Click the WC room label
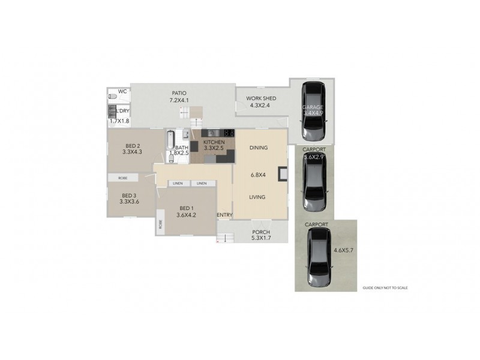tap(122, 92)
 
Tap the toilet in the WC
tap(112, 96)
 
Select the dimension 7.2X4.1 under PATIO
tap(179, 101)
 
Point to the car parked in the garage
tap(314, 109)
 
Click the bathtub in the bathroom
tap(170, 142)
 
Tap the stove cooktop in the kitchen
tap(229, 133)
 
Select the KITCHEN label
tap(214, 142)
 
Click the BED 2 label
tap(133, 146)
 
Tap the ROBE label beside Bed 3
tap(122, 178)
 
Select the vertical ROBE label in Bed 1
tap(161, 225)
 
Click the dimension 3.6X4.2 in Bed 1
tap(187, 215)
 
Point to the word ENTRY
tap(224, 215)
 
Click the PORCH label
tap(261, 232)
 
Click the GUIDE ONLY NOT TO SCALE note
tap(385, 288)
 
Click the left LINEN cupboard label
tap(178, 183)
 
